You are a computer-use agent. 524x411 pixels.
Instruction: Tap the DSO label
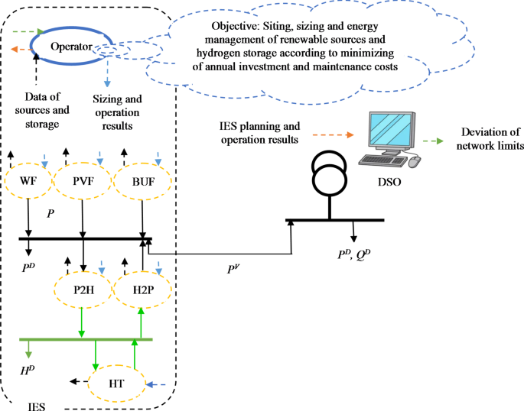pyautogui.click(x=391, y=184)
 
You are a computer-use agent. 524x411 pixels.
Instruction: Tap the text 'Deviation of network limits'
pyautogui.click(x=487, y=138)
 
